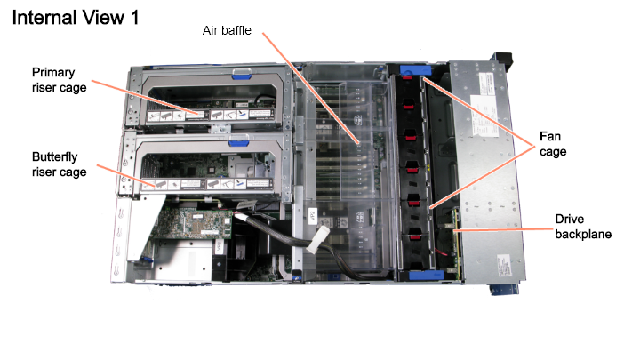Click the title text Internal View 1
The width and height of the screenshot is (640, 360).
click(76, 18)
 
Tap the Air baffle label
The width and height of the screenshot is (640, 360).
click(227, 30)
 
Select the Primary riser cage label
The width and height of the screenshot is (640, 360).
click(60, 80)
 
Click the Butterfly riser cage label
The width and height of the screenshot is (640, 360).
click(60, 164)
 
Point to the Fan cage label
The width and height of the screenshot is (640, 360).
click(553, 144)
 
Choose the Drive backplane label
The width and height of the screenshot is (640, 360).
click(583, 227)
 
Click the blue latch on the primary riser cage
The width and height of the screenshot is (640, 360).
click(242, 74)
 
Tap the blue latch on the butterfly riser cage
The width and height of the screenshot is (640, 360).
click(238, 142)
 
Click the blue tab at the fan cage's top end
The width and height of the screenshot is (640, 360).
click(415, 70)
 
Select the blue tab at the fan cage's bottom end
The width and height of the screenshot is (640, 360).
click(426, 275)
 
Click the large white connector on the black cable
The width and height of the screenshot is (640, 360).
click(318, 240)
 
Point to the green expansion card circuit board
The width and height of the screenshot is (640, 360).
click(192, 223)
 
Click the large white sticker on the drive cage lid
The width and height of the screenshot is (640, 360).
click(484, 116)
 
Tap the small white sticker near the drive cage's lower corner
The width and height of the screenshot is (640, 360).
click(504, 265)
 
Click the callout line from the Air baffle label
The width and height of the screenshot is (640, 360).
click(310, 88)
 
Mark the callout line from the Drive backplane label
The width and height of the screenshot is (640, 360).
click(502, 230)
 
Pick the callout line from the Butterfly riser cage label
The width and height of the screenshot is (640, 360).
click(126, 176)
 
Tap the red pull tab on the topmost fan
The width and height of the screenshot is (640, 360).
click(406, 76)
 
